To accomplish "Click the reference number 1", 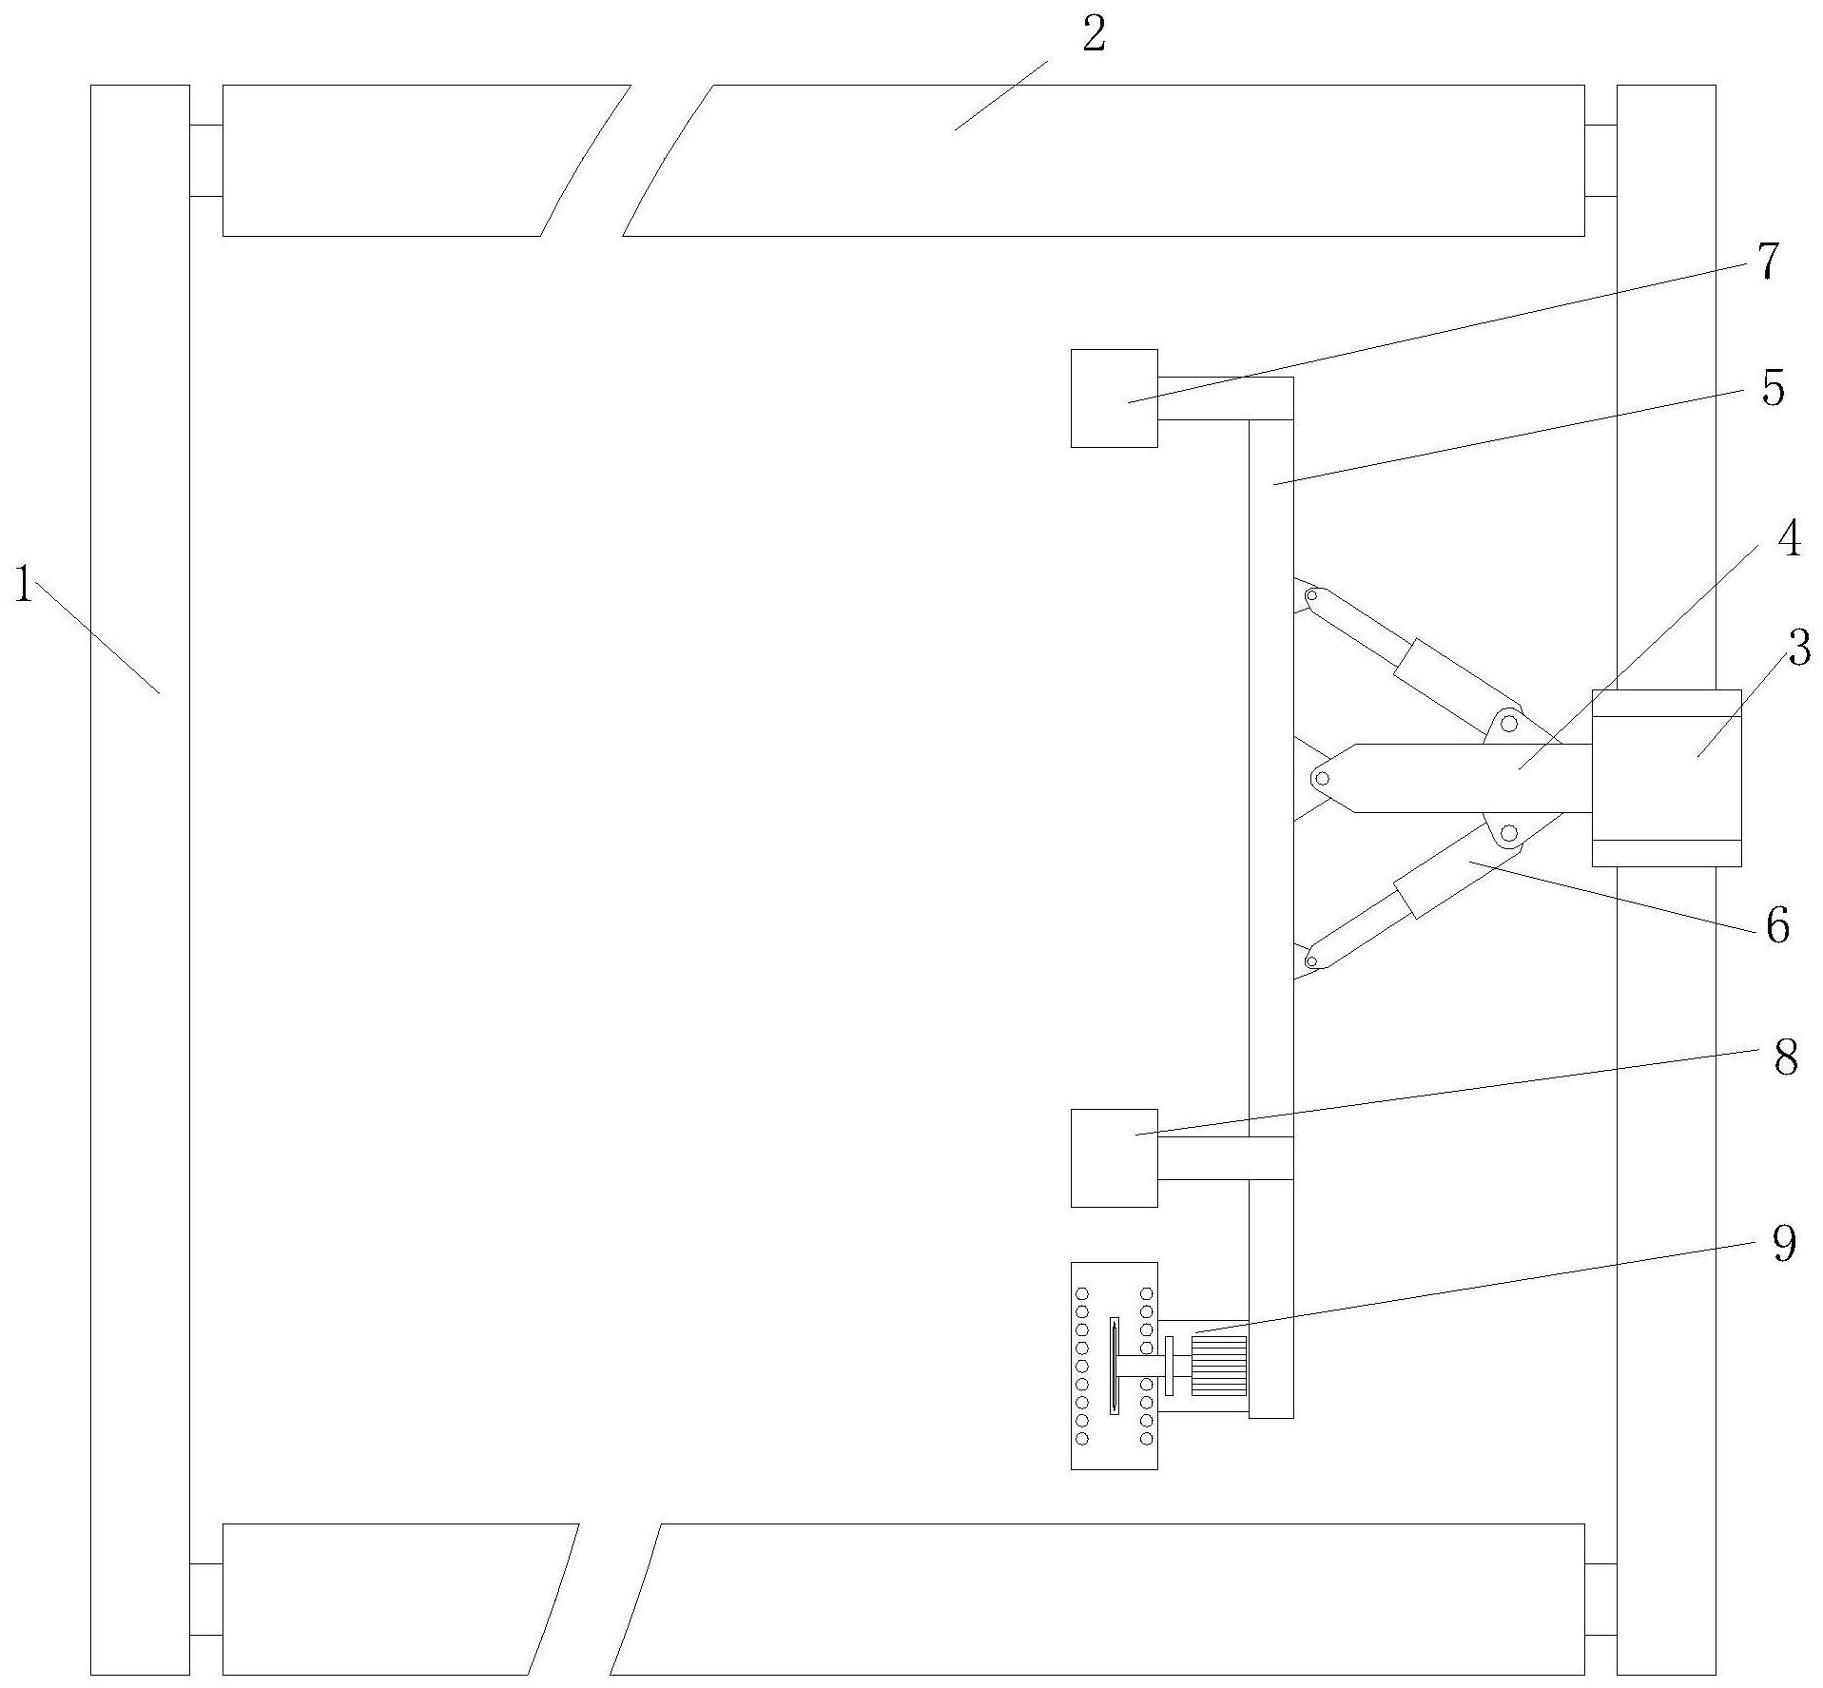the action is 23,586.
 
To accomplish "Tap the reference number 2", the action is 1094,36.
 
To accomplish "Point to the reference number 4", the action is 1789,540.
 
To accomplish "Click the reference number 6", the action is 1776,925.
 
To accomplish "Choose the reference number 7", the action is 1766,262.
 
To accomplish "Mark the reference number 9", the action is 1783,1243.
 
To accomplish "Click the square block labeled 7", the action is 1114,398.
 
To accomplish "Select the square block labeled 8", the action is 1114,1157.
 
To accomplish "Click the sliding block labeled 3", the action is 1666,778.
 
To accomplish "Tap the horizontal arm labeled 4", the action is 1464,778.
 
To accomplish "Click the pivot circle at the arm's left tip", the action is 1321,779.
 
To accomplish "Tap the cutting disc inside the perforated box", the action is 1114,1366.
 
